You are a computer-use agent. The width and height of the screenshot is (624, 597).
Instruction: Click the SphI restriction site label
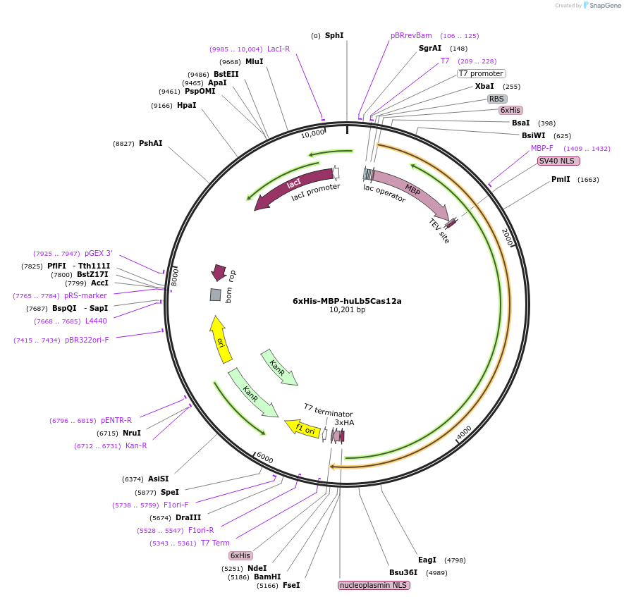pyautogui.click(x=334, y=35)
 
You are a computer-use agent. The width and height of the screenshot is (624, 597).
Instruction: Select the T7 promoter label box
pyautogui.click(x=482, y=73)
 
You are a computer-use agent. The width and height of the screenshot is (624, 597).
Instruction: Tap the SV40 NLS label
pyautogui.click(x=558, y=161)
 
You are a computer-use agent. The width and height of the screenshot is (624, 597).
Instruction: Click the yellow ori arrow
pyautogui.click(x=221, y=339)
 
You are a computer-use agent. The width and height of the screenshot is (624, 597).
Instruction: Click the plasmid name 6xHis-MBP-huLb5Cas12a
pyautogui.click(x=347, y=301)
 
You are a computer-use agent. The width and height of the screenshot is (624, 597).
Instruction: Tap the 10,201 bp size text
pyautogui.click(x=347, y=310)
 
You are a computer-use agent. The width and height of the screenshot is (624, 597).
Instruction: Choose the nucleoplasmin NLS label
pyautogui.click(x=374, y=585)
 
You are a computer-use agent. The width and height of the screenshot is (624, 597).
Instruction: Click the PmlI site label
pyautogui.click(x=561, y=179)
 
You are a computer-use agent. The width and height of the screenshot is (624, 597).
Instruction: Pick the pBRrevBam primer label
pyautogui.click(x=411, y=35)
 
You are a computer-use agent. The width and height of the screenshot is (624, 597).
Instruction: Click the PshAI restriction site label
pyautogui.click(x=150, y=143)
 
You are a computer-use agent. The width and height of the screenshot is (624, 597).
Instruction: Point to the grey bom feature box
pyautogui.click(x=216, y=295)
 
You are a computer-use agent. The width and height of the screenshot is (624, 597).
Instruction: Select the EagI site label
pyautogui.click(x=427, y=560)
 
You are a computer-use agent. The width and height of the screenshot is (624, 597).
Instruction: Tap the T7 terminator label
pyautogui.click(x=328, y=410)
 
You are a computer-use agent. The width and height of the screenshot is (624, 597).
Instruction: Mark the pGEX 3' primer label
pyautogui.click(x=99, y=253)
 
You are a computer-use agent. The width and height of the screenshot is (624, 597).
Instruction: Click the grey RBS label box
pyautogui.click(x=497, y=99)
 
